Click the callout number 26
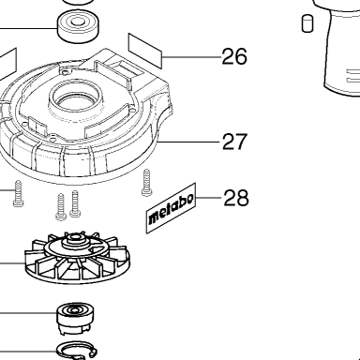[234, 56]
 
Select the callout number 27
[234, 142]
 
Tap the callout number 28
[236, 198]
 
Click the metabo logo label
[171, 208]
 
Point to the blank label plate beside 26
[145, 51]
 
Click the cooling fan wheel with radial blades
[77, 258]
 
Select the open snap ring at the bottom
[77, 351]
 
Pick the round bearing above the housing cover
[79, 26]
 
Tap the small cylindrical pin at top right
[307, 23]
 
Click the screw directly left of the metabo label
[146, 183]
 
